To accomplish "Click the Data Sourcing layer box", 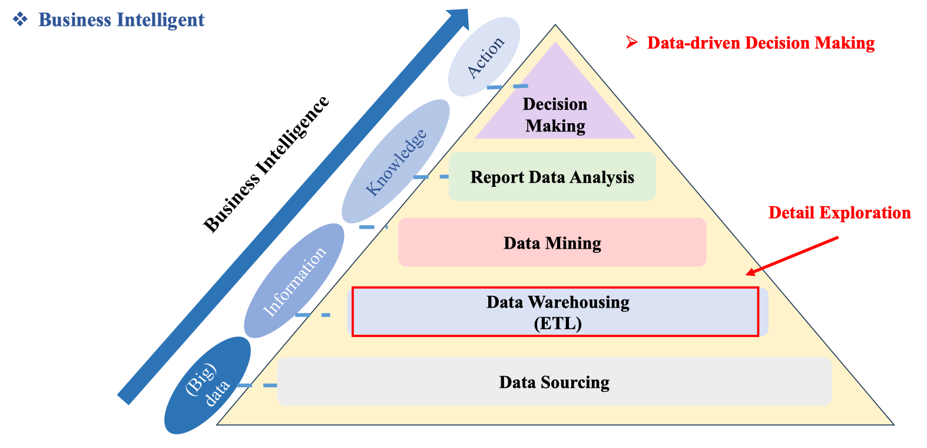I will pos(554,381).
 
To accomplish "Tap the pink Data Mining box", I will pos(552,242).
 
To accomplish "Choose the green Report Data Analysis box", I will pos(552,177).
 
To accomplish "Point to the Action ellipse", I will pos(484,57).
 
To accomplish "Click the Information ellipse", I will pos(294,281).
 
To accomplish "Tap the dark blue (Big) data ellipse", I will pos(207,386).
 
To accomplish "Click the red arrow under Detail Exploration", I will pos(792,256).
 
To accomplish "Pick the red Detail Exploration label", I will pos(839,213).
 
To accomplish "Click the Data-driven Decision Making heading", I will pos(760,43).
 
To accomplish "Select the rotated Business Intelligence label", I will pos(266,164).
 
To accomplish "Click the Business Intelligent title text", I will pos(121,20).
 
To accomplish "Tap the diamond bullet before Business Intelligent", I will pos(20,19).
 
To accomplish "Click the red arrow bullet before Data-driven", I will pos(632,42).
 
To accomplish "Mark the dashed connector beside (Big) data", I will pos(257,386).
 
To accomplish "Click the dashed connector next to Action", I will pos(507,87).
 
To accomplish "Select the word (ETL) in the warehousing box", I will pos(558,323).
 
